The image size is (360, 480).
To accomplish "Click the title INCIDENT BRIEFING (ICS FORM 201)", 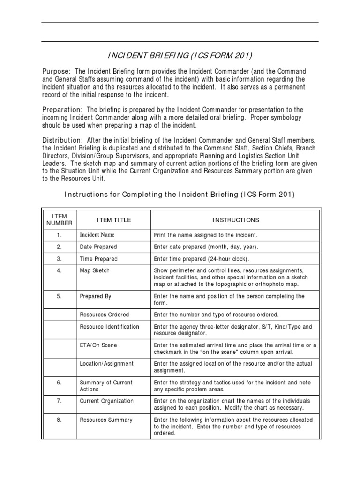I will click(180, 56).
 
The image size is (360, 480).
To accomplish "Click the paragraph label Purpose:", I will click(56, 71).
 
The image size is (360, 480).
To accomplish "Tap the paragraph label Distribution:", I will click(63, 140).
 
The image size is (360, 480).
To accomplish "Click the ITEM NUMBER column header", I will click(60, 219).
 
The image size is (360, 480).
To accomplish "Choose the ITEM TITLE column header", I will click(114, 220).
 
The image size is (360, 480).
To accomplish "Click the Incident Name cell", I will click(97, 235).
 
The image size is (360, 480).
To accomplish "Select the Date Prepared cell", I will click(98, 247).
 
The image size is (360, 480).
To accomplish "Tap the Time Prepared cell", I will click(98, 259).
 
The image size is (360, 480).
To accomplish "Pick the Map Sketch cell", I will click(95, 271).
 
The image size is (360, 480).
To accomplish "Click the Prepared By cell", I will click(96, 296).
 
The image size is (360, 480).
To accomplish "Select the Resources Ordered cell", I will click(104, 315).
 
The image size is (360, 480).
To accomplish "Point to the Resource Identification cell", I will click(109, 327).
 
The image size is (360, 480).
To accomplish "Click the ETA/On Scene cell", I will click(98, 345).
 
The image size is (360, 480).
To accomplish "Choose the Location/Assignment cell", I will click(106, 364).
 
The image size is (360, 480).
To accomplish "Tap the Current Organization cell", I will click(106, 401).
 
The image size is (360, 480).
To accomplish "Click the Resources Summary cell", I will click(106, 420).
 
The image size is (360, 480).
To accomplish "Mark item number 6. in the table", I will click(60, 382).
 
